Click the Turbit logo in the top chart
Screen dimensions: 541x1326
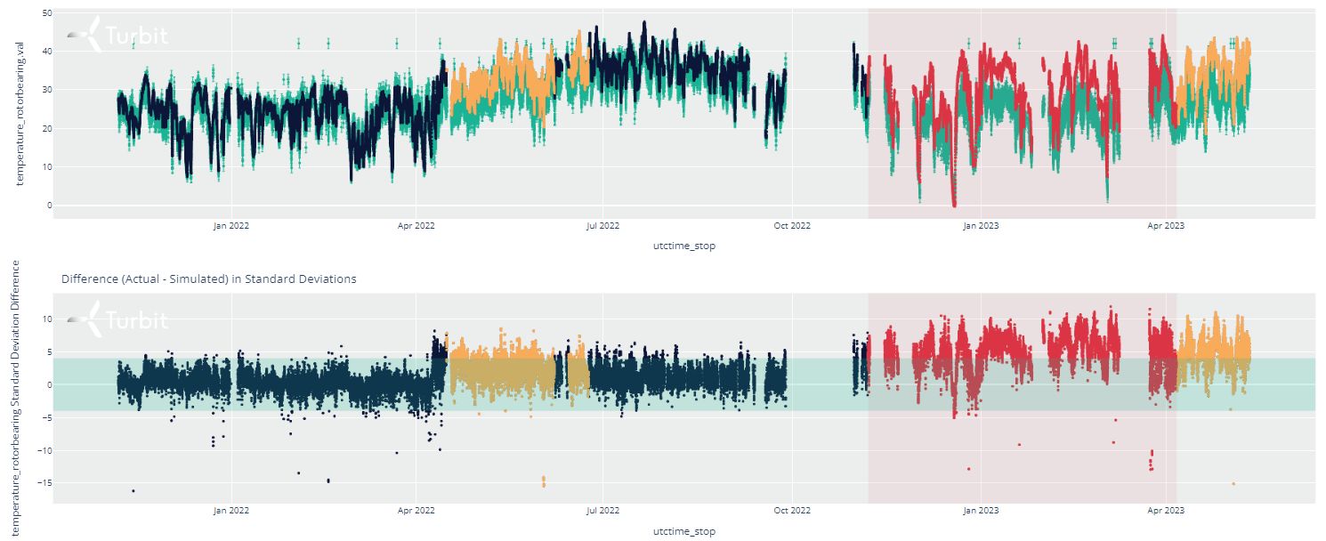117,36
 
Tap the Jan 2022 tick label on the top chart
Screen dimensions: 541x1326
231,226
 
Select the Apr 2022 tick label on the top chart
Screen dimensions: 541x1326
416,226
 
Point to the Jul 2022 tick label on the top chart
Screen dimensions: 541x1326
603,226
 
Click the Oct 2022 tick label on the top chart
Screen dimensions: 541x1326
791,226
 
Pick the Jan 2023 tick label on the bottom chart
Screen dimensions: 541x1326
981,511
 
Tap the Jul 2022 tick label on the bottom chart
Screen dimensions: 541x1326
603,511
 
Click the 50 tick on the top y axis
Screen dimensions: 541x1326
46,13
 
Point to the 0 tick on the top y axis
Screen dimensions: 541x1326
49,206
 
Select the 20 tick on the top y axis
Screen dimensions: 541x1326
46,129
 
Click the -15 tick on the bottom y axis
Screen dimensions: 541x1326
44,483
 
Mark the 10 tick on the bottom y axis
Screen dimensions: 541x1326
46,319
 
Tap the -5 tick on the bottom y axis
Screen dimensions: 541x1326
46,418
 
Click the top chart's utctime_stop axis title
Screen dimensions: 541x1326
683,246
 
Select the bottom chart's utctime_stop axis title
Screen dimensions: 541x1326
683,531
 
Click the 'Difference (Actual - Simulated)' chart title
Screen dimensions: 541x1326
209,279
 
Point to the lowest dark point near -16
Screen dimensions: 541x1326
133,491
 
